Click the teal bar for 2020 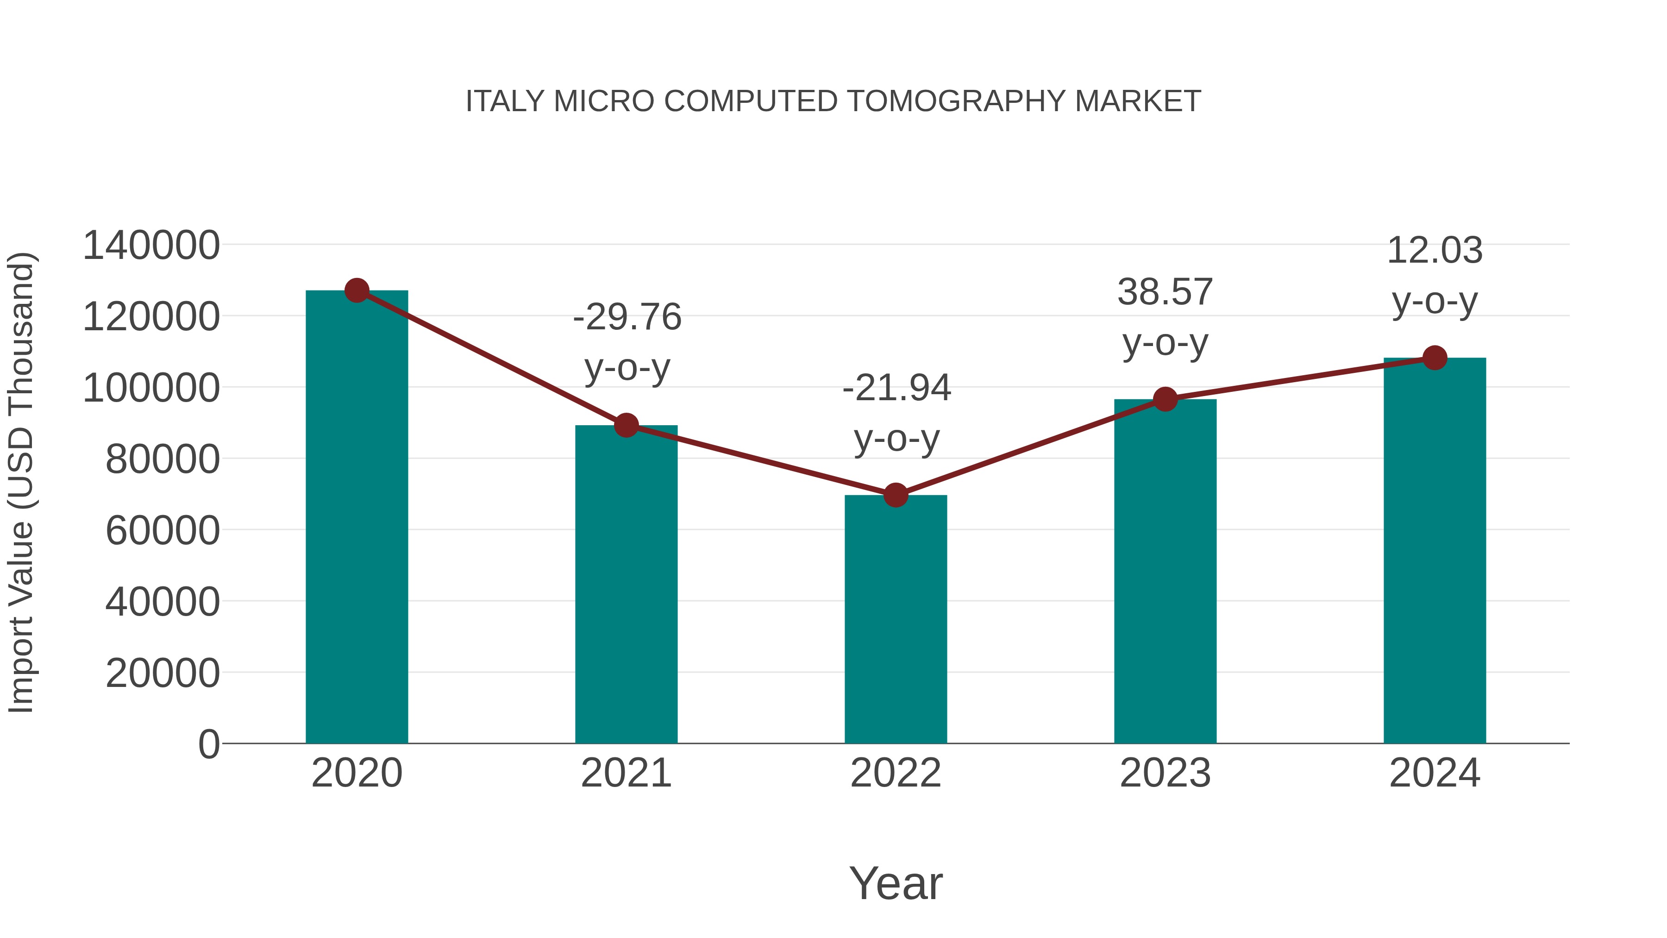pyautogui.click(x=357, y=518)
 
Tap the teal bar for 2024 pyautogui.click(x=1435, y=551)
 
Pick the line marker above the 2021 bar pyautogui.click(x=626, y=425)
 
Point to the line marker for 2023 pyautogui.click(x=1165, y=399)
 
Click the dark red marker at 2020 pyautogui.click(x=357, y=290)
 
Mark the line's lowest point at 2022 pyautogui.click(x=896, y=495)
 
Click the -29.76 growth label pyautogui.click(x=627, y=318)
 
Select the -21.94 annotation pyautogui.click(x=896, y=389)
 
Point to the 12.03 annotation pyautogui.click(x=1435, y=251)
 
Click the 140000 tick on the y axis pyautogui.click(x=151, y=246)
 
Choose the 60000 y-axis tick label pyautogui.click(x=163, y=531)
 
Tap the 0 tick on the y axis pyautogui.click(x=209, y=744)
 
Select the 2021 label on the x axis pyautogui.click(x=626, y=773)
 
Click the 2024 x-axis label pyautogui.click(x=1435, y=773)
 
